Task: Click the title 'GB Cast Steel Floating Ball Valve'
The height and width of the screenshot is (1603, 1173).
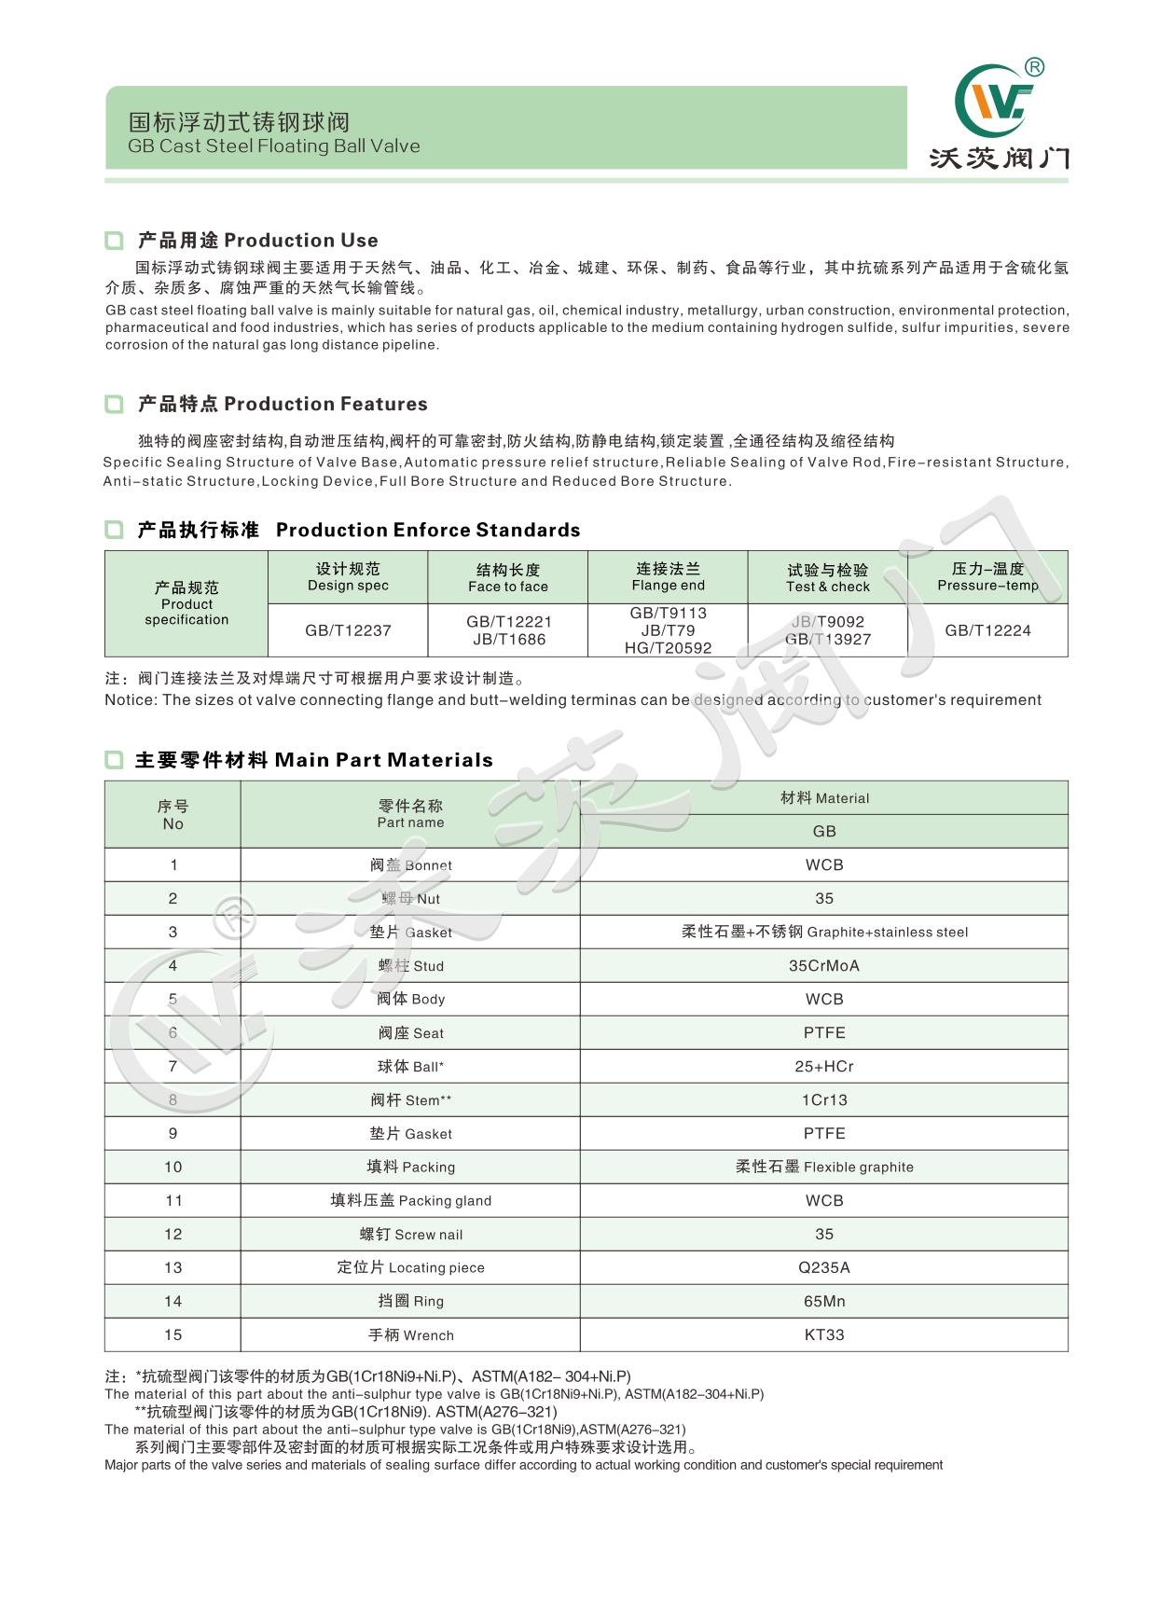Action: click(x=274, y=146)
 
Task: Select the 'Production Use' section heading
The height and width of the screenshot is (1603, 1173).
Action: click(x=257, y=241)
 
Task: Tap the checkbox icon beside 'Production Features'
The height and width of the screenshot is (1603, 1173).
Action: click(x=114, y=405)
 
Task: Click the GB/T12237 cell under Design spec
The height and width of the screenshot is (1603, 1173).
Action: click(x=348, y=630)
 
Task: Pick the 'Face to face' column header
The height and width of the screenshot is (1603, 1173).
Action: click(x=508, y=577)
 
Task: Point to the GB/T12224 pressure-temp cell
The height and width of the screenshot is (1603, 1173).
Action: click(x=987, y=630)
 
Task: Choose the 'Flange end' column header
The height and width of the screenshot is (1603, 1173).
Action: click(x=668, y=576)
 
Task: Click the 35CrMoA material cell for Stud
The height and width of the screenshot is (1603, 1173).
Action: click(x=824, y=966)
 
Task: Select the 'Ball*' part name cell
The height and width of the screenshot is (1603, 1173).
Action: click(x=410, y=1067)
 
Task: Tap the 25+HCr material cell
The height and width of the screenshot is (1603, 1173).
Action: click(x=824, y=1067)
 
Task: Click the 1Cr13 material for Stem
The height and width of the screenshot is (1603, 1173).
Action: click(x=824, y=1100)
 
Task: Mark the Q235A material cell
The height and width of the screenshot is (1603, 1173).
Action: click(x=824, y=1268)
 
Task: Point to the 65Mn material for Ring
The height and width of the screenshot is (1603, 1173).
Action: click(x=824, y=1302)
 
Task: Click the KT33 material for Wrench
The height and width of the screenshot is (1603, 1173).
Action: click(x=824, y=1335)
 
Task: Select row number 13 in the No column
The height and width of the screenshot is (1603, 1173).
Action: click(x=173, y=1268)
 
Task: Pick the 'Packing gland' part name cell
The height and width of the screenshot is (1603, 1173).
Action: click(x=410, y=1201)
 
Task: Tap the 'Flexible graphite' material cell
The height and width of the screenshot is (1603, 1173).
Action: click(x=824, y=1168)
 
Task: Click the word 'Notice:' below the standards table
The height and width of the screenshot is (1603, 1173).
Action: click(x=131, y=700)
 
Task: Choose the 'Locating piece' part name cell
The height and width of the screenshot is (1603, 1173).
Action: click(x=410, y=1268)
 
